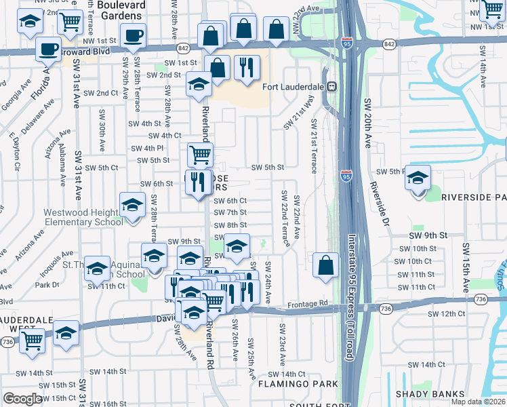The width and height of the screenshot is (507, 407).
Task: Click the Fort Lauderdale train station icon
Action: [332, 86]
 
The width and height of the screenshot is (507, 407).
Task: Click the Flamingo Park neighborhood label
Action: [298, 384]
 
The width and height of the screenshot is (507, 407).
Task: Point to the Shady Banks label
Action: [430, 394]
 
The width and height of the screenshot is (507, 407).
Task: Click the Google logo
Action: [22, 399]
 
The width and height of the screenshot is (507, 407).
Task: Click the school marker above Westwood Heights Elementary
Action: [132, 204]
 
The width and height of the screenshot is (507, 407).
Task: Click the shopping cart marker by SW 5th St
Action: [200, 155]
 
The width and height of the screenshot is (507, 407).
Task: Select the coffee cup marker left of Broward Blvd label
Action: [49, 49]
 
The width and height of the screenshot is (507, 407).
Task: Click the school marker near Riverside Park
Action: [418, 178]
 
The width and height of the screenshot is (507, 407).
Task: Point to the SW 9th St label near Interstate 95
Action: [428, 235]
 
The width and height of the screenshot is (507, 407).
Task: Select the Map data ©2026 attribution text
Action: [478, 402]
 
